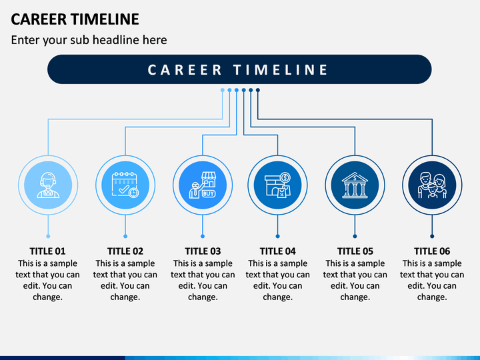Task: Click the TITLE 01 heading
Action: tap(47, 251)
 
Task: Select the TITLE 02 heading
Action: tap(125, 251)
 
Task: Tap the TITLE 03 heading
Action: tap(203, 251)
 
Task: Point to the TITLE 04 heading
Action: tap(277, 251)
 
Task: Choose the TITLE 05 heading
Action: tap(355, 251)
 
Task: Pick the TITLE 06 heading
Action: tap(432, 251)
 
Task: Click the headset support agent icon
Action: tap(48, 185)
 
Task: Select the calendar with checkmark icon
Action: tap(125, 185)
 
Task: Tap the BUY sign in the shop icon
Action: tap(209, 193)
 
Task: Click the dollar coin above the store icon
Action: tap(285, 177)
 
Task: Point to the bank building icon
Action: tap(355, 185)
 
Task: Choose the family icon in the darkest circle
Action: tap(432, 185)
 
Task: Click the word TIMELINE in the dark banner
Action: tap(281, 70)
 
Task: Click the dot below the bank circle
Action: tap(355, 236)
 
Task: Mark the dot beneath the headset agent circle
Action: tap(48, 236)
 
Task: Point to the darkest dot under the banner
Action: tap(258, 90)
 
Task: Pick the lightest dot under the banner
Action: tap(223, 90)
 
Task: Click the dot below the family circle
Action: tap(432, 236)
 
